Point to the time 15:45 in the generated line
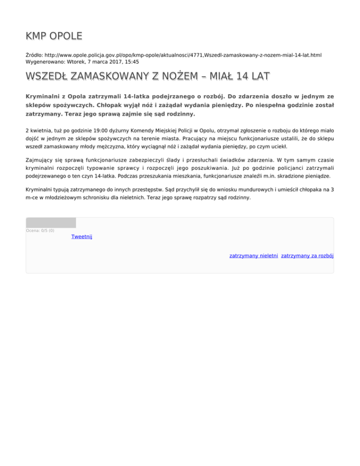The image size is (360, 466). click(131, 61)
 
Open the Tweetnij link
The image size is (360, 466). click(82, 237)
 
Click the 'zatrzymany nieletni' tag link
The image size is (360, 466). click(254, 256)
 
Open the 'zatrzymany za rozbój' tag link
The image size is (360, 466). click(307, 256)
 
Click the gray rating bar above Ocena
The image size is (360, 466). click(51, 223)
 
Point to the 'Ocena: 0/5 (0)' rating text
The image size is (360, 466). click(40, 230)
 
